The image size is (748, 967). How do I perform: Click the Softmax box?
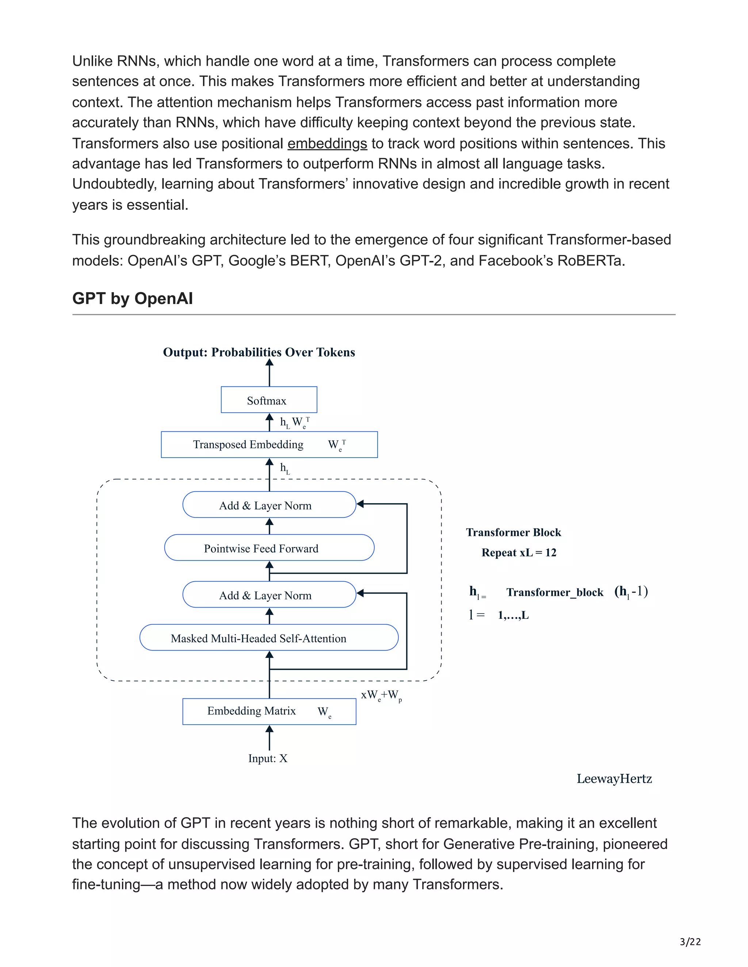268,400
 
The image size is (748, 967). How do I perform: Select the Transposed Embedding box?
269,444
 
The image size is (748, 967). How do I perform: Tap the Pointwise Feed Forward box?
269,548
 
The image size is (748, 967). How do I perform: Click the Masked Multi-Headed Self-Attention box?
268,637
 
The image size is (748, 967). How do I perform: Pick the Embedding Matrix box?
269,711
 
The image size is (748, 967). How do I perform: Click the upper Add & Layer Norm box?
269,505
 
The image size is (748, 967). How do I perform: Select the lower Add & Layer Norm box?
269,595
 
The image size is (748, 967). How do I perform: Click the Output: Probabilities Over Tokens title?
259,352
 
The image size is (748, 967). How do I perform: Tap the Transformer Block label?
513,532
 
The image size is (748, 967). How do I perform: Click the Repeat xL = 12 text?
519,552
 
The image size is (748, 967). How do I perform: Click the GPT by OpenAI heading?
132,298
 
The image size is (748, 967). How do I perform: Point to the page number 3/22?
690,942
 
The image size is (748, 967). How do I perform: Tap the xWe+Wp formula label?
381,696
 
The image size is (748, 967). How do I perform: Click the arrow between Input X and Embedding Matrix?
269,738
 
